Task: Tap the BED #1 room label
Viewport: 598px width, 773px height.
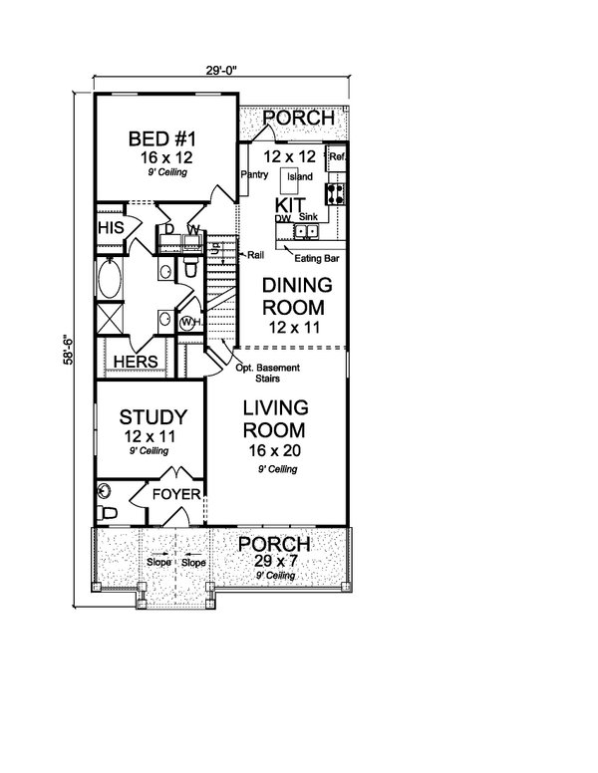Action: tap(164, 138)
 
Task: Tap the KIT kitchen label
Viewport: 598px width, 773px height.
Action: tap(290, 204)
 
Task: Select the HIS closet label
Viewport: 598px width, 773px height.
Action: tap(110, 228)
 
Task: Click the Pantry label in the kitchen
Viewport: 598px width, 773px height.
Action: tap(253, 175)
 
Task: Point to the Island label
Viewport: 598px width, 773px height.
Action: tap(299, 177)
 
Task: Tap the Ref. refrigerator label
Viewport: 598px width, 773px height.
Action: tap(337, 156)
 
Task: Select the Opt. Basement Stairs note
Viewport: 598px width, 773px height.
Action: tap(272, 374)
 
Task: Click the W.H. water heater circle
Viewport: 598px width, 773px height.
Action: tap(188, 323)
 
